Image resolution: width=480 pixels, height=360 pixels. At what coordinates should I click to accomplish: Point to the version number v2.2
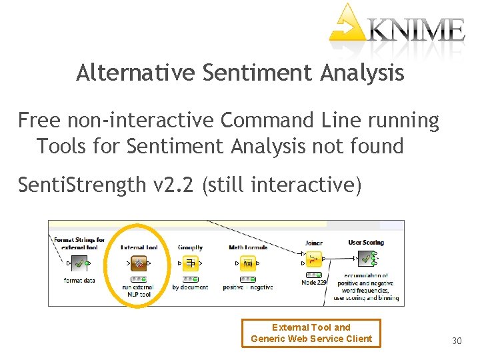coord(175,184)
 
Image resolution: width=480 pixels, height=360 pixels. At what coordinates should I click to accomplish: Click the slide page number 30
coord(457,341)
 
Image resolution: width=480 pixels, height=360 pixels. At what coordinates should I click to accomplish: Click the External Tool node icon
coord(138,263)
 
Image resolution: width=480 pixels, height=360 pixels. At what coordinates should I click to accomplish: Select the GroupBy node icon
coord(190,263)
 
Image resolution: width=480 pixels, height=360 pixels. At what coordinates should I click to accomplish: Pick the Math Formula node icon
coord(247,263)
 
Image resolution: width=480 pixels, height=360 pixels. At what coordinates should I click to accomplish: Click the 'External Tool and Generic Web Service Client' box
coord(311,333)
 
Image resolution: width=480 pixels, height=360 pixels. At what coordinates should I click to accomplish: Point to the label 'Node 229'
coord(314,283)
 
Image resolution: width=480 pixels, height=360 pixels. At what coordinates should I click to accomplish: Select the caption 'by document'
coord(190,287)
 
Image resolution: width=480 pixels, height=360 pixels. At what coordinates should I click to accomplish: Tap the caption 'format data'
coord(79,281)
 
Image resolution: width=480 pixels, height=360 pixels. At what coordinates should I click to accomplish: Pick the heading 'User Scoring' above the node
coord(366,243)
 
